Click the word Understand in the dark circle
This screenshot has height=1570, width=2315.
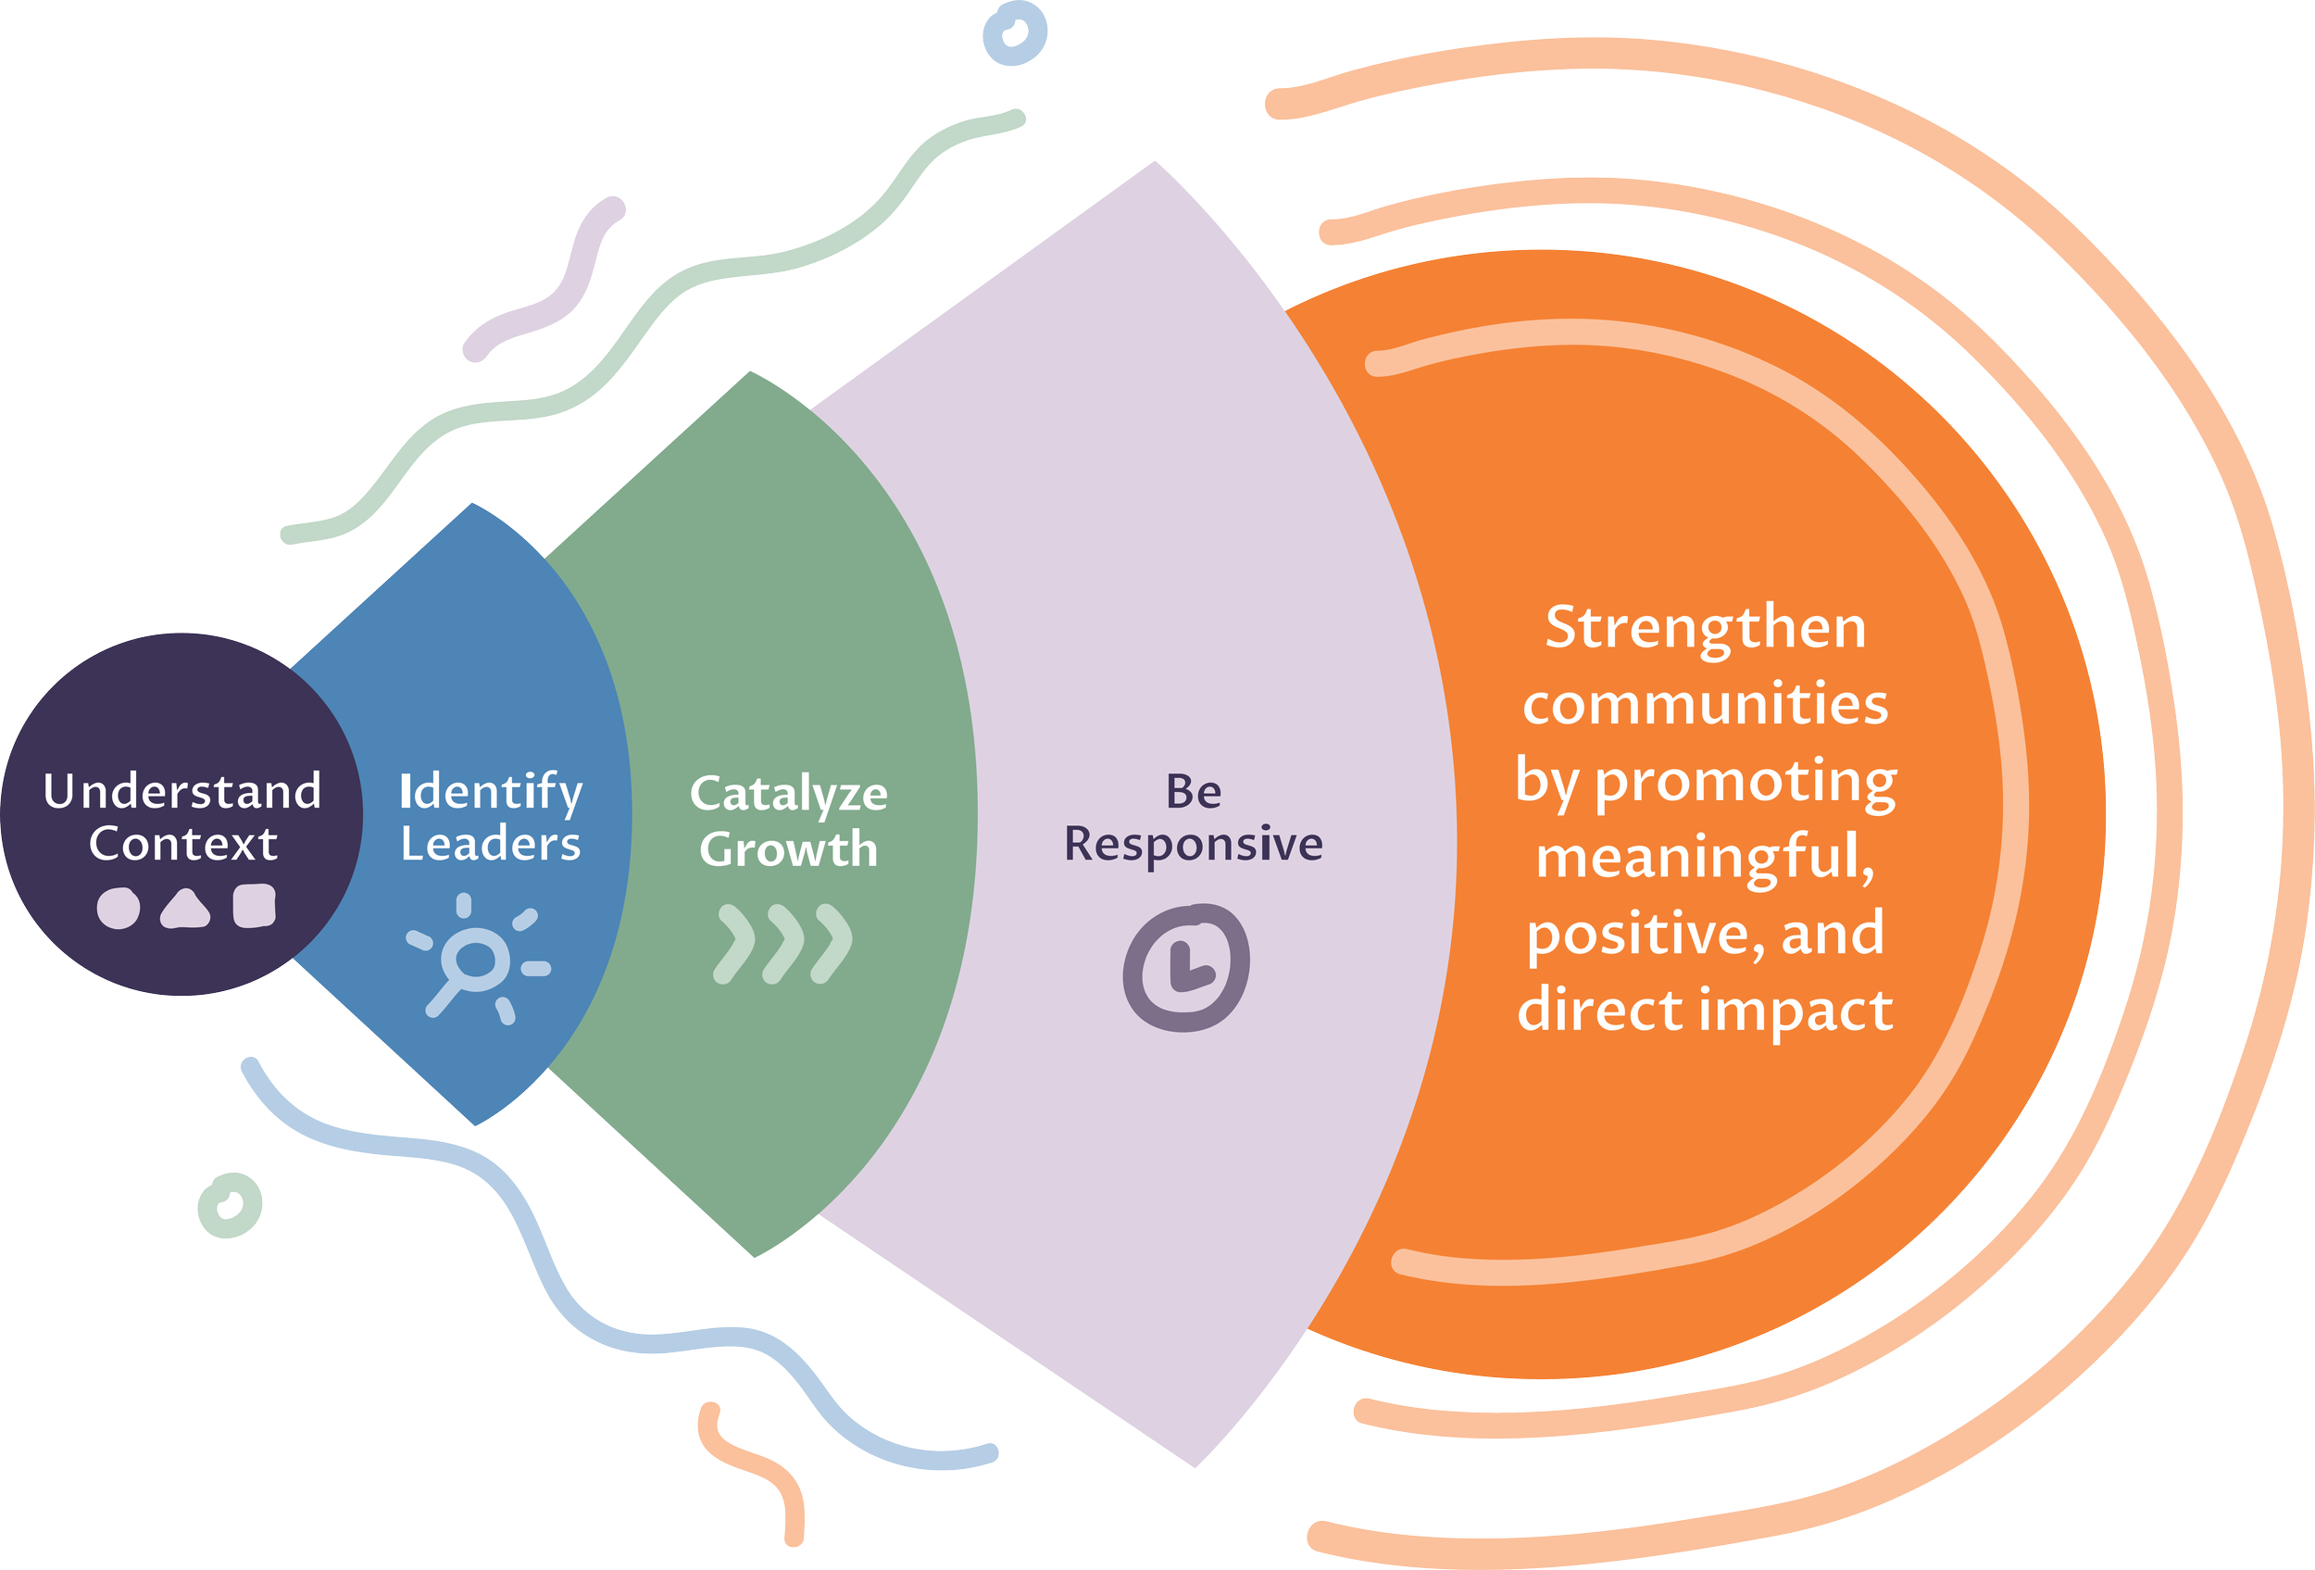(x=182, y=792)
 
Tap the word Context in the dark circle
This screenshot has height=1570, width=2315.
(x=183, y=844)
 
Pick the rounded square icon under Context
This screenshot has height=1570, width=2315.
(x=254, y=907)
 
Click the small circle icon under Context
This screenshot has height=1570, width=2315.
(x=119, y=909)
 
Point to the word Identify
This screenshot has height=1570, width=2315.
(x=490, y=793)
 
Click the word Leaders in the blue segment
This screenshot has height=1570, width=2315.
(x=490, y=845)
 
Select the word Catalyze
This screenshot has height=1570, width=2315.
(x=788, y=795)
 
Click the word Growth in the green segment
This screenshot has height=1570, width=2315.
(x=788, y=848)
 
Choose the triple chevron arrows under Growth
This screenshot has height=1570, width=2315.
(x=784, y=944)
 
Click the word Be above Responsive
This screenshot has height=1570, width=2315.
(x=1194, y=792)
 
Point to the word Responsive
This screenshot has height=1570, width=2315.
(x=1194, y=845)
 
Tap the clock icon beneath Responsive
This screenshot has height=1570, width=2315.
(x=1185, y=967)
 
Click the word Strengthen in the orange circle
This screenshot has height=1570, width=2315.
(x=1706, y=630)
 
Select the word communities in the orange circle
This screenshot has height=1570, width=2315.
(x=1706, y=704)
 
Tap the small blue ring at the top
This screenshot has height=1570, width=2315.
(x=1014, y=32)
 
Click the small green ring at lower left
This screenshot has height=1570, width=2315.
(x=230, y=1205)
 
